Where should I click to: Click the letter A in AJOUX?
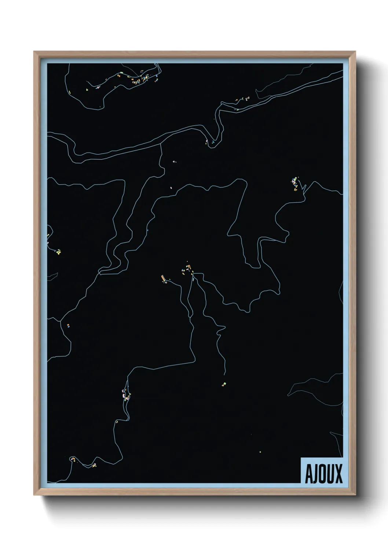[308, 474]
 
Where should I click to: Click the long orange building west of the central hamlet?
[163, 279]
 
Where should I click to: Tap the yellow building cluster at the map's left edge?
[58, 252]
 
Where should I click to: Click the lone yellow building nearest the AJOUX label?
[260, 452]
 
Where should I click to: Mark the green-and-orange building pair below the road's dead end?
[223, 384]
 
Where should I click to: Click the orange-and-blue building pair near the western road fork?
[68, 325]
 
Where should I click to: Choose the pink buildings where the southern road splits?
[127, 396]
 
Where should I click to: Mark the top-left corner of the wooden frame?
[34, 52]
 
